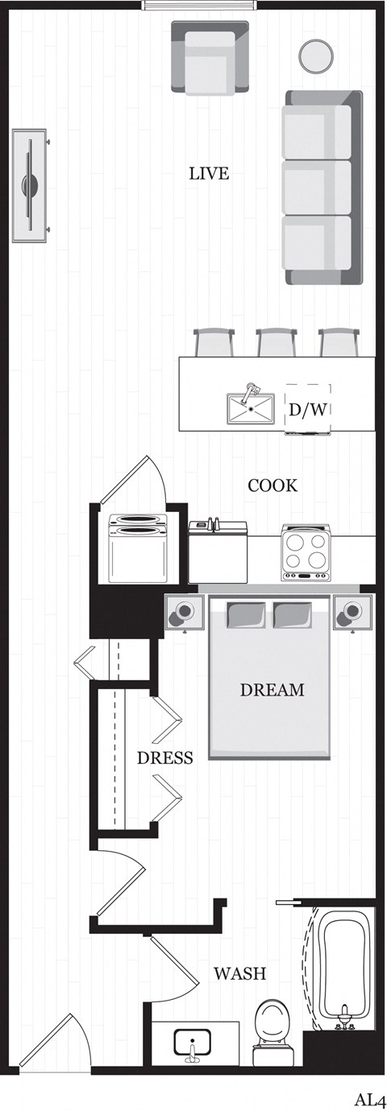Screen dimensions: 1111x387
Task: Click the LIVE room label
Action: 209,173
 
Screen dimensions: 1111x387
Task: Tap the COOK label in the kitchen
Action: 273,485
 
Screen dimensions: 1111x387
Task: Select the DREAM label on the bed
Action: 273,690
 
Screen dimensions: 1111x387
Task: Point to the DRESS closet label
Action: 164,758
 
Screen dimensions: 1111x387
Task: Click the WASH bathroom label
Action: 239,973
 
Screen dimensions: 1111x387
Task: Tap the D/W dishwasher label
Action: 308,410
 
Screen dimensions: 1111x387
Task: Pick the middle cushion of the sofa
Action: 318,188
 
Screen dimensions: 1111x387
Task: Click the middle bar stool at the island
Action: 276,342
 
